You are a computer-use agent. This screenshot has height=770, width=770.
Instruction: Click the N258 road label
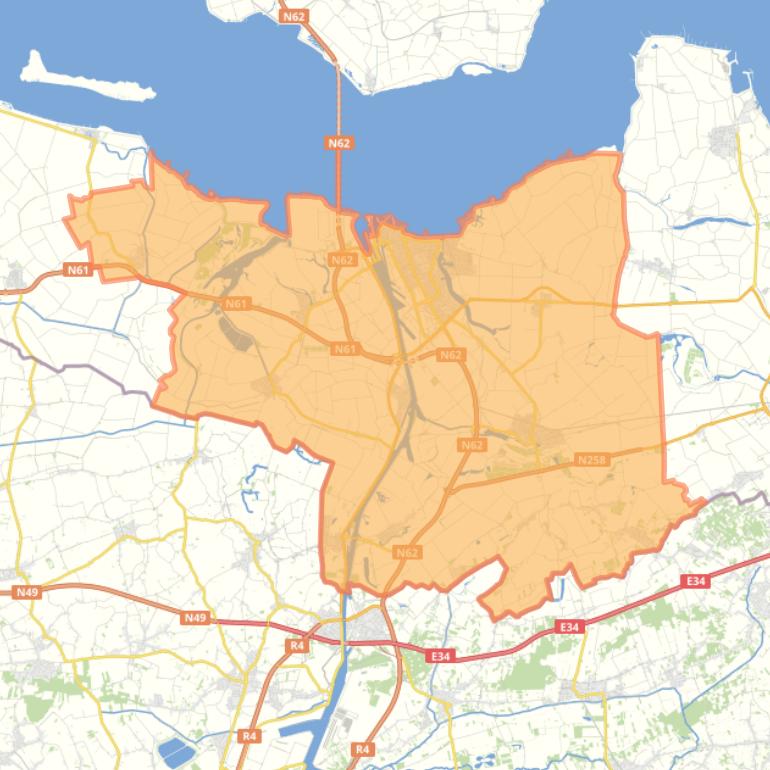pyautogui.click(x=592, y=460)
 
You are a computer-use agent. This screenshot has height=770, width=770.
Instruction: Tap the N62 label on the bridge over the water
pyautogui.click(x=339, y=143)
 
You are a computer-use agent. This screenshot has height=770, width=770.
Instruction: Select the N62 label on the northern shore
pyautogui.click(x=294, y=17)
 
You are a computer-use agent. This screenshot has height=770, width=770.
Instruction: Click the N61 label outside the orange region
pyautogui.click(x=77, y=269)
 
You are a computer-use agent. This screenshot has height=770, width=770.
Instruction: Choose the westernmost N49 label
pyautogui.click(x=27, y=593)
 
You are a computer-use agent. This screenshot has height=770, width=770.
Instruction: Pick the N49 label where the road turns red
pyautogui.click(x=195, y=618)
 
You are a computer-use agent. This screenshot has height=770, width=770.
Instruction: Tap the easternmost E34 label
pyautogui.click(x=696, y=581)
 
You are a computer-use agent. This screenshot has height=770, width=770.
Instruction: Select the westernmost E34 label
pyautogui.click(x=440, y=656)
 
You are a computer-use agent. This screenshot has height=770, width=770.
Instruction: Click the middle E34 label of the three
pyautogui.click(x=569, y=627)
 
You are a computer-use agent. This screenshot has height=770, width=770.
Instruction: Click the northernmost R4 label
pyautogui.click(x=297, y=646)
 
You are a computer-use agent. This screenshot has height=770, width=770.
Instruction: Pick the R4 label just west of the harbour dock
pyautogui.click(x=249, y=736)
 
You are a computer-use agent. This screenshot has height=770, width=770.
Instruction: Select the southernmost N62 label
pyautogui.click(x=406, y=552)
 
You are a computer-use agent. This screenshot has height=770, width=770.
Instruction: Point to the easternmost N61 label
pyautogui.click(x=345, y=349)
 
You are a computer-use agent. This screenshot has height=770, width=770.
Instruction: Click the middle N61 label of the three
pyautogui.click(x=236, y=304)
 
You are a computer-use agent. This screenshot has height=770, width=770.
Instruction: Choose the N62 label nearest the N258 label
pyautogui.click(x=472, y=445)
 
